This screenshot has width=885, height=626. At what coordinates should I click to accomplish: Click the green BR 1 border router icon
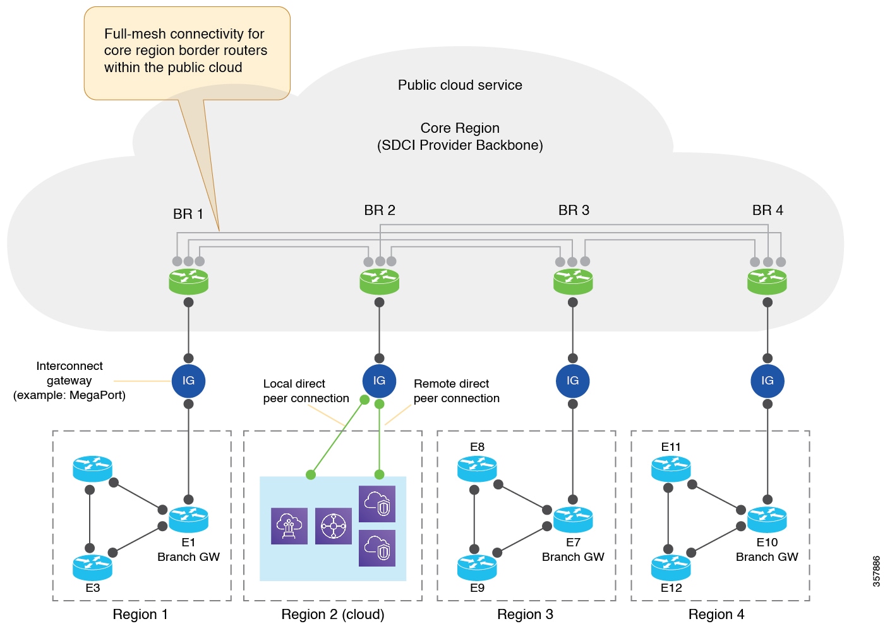pyautogui.click(x=188, y=281)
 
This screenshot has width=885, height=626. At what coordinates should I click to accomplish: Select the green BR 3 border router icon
pyautogui.click(x=572, y=281)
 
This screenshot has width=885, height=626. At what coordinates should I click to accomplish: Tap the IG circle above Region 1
pyautogui.click(x=188, y=381)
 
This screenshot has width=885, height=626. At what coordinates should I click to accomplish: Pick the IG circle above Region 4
pyautogui.click(x=767, y=381)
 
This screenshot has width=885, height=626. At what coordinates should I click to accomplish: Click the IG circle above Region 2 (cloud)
pyautogui.click(x=379, y=381)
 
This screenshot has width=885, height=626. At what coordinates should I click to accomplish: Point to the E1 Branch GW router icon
pyautogui.click(x=188, y=519)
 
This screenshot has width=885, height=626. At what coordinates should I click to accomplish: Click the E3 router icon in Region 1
pyautogui.click(x=92, y=567)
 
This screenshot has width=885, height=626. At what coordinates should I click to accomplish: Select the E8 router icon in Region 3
pyautogui.click(x=477, y=469)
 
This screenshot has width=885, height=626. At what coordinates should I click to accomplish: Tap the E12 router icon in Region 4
pyautogui.click(x=671, y=567)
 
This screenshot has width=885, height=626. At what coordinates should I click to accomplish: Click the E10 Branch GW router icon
pyautogui.click(x=767, y=519)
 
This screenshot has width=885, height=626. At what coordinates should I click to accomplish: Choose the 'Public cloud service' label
pyautogui.click(x=460, y=85)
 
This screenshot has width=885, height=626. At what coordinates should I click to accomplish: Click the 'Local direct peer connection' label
pyautogui.click(x=306, y=391)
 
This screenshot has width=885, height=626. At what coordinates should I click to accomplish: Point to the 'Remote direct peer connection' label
pyautogui.click(x=456, y=391)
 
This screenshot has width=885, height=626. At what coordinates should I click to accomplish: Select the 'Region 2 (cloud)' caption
pyautogui.click(x=333, y=615)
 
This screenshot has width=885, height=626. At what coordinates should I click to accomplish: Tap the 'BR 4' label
pyautogui.click(x=768, y=211)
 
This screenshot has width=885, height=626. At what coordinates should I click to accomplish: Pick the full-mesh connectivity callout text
pyautogui.click(x=186, y=51)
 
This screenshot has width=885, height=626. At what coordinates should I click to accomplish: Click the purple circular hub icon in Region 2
pyautogui.click(x=333, y=526)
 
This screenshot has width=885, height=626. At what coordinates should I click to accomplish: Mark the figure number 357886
pyautogui.click(x=876, y=572)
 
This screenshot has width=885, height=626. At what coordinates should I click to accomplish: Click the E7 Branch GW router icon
pyautogui.click(x=572, y=519)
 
